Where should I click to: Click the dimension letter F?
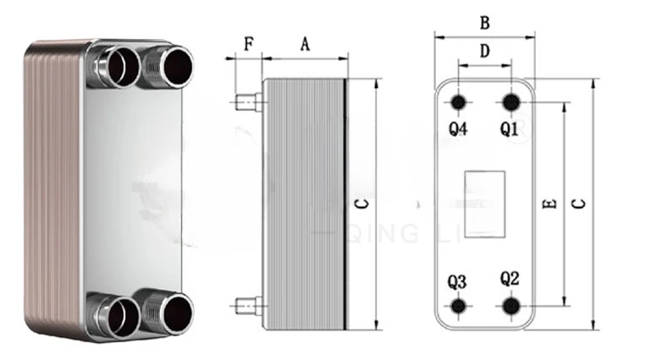pos(248,43)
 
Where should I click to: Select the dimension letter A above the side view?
pos(305,44)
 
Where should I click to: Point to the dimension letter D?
pos(484,51)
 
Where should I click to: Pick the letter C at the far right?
pos(579,204)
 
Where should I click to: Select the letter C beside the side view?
pos(359,204)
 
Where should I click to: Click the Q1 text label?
pos(509,129)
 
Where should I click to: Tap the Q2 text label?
pos(510,278)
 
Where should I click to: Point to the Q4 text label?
pos(458,129)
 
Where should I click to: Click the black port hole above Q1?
pos(510,102)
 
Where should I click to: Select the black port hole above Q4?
pos(459,102)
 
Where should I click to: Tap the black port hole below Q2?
pos(510,306)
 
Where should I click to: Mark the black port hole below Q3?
pos(459,306)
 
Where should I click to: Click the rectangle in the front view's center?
pos(484,192)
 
